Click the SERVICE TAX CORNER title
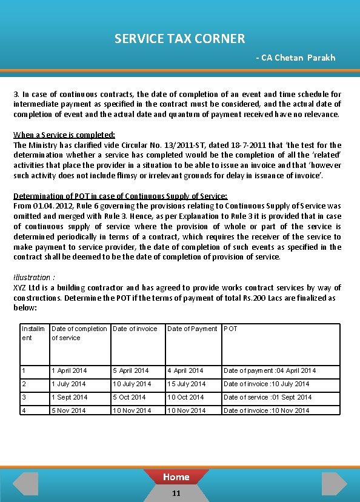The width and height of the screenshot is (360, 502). pos(179,39)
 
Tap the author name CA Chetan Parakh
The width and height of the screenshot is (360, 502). pos(295,58)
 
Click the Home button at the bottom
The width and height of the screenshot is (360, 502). pos(176,477)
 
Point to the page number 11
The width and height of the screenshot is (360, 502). pos(176,493)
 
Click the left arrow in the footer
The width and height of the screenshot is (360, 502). pos(25,483)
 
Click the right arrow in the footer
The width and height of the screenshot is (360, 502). pos(335,483)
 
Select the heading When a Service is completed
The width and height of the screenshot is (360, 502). pos(64,135)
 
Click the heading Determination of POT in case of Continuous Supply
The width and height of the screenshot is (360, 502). pos(120,196)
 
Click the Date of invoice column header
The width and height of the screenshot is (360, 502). pos(135,329)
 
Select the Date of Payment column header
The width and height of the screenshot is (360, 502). pos(192,329)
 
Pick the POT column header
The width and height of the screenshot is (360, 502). pos(230,329)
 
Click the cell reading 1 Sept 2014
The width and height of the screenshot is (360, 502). pos(69,397)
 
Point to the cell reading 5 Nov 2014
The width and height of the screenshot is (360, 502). pos(68,410)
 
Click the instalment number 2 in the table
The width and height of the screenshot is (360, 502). pos(24,384)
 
